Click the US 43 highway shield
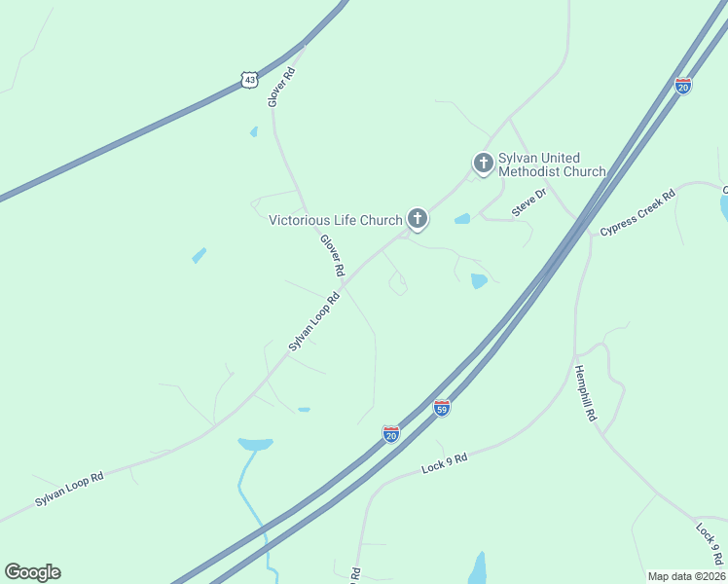[x=250, y=80]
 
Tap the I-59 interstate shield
[x=442, y=408]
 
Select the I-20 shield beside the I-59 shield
[x=391, y=434]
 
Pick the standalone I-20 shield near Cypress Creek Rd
[x=683, y=87]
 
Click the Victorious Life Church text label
[x=335, y=220]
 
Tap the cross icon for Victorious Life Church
[x=418, y=219]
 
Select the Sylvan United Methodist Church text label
[x=551, y=164]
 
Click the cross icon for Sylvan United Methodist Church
[x=482, y=163]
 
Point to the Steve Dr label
[x=529, y=203]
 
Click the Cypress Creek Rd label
[x=637, y=213]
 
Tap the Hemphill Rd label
[x=585, y=392]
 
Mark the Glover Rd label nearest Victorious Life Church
[x=333, y=253]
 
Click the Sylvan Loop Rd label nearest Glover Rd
[x=313, y=320]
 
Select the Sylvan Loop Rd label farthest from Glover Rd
[x=69, y=489]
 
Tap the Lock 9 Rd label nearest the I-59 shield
[x=445, y=463]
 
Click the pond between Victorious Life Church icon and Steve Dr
[x=462, y=219]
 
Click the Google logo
[x=32, y=572]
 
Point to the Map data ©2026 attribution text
[x=686, y=576]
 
